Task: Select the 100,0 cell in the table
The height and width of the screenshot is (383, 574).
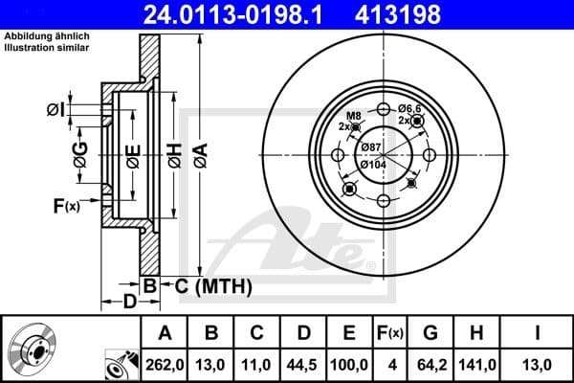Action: [x=350, y=364]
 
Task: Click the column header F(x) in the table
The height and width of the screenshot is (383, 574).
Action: [x=389, y=332]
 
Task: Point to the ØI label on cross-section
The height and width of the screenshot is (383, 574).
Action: [x=56, y=110]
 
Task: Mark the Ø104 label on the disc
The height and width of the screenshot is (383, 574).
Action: [x=373, y=164]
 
